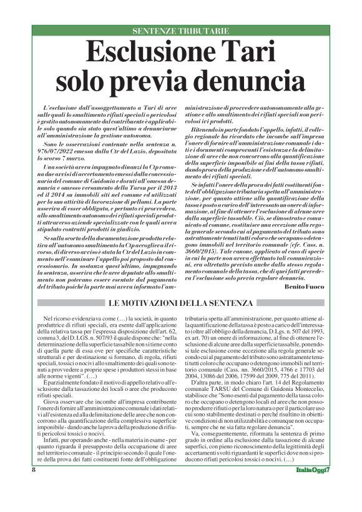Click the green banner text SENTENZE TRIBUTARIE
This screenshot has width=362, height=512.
[180, 31]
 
